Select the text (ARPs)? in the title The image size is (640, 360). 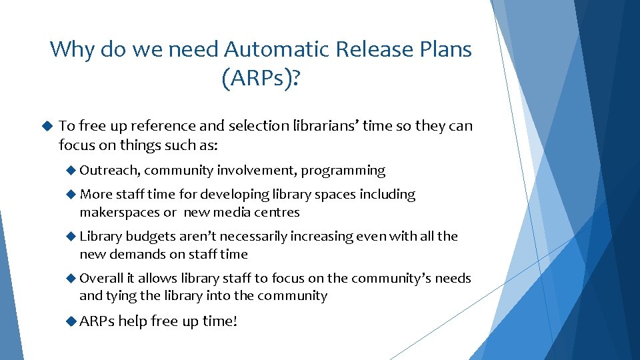click(x=261, y=80)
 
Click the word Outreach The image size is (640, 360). click(x=109, y=171)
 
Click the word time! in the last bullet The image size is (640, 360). click(x=219, y=321)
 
